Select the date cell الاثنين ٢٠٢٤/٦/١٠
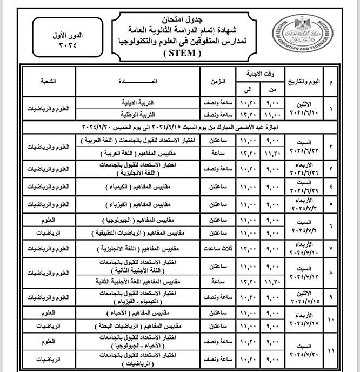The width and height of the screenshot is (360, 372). [306, 109]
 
